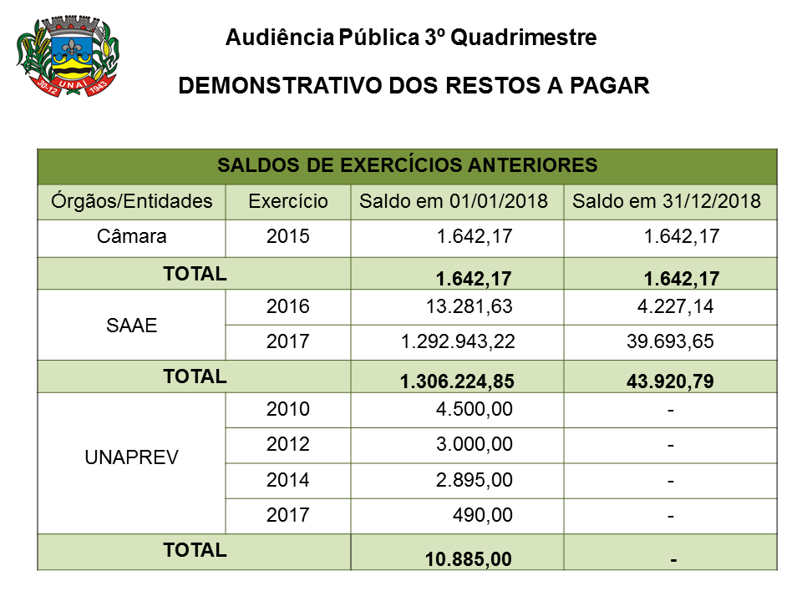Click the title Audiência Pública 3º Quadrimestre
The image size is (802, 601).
tap(411, 38)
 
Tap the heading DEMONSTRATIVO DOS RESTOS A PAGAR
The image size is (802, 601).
tap(414, 87)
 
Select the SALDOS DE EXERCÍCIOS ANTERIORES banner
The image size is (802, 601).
tap(408, 165)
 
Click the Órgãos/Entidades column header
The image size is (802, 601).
tap(132, 201)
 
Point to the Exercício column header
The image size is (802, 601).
tap(288, 201)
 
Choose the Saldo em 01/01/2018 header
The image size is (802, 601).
tap(453, 201)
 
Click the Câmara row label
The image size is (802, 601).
tap(132, 236)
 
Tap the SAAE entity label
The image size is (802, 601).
tap(132, 326)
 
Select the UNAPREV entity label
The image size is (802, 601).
tap(132, 457)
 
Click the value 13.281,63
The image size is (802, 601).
tap(469, 306)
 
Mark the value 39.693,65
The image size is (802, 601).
tap(670, 341)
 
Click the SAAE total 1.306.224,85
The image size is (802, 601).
tap(457, 381)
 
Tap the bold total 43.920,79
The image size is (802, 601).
tap(670, 381)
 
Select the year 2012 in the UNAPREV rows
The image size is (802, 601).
tap(288, 445)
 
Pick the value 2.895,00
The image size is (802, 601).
tap(474, 481)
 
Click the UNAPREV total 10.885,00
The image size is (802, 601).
tap(469, 559)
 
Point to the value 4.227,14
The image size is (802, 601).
tap(675, 306)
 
